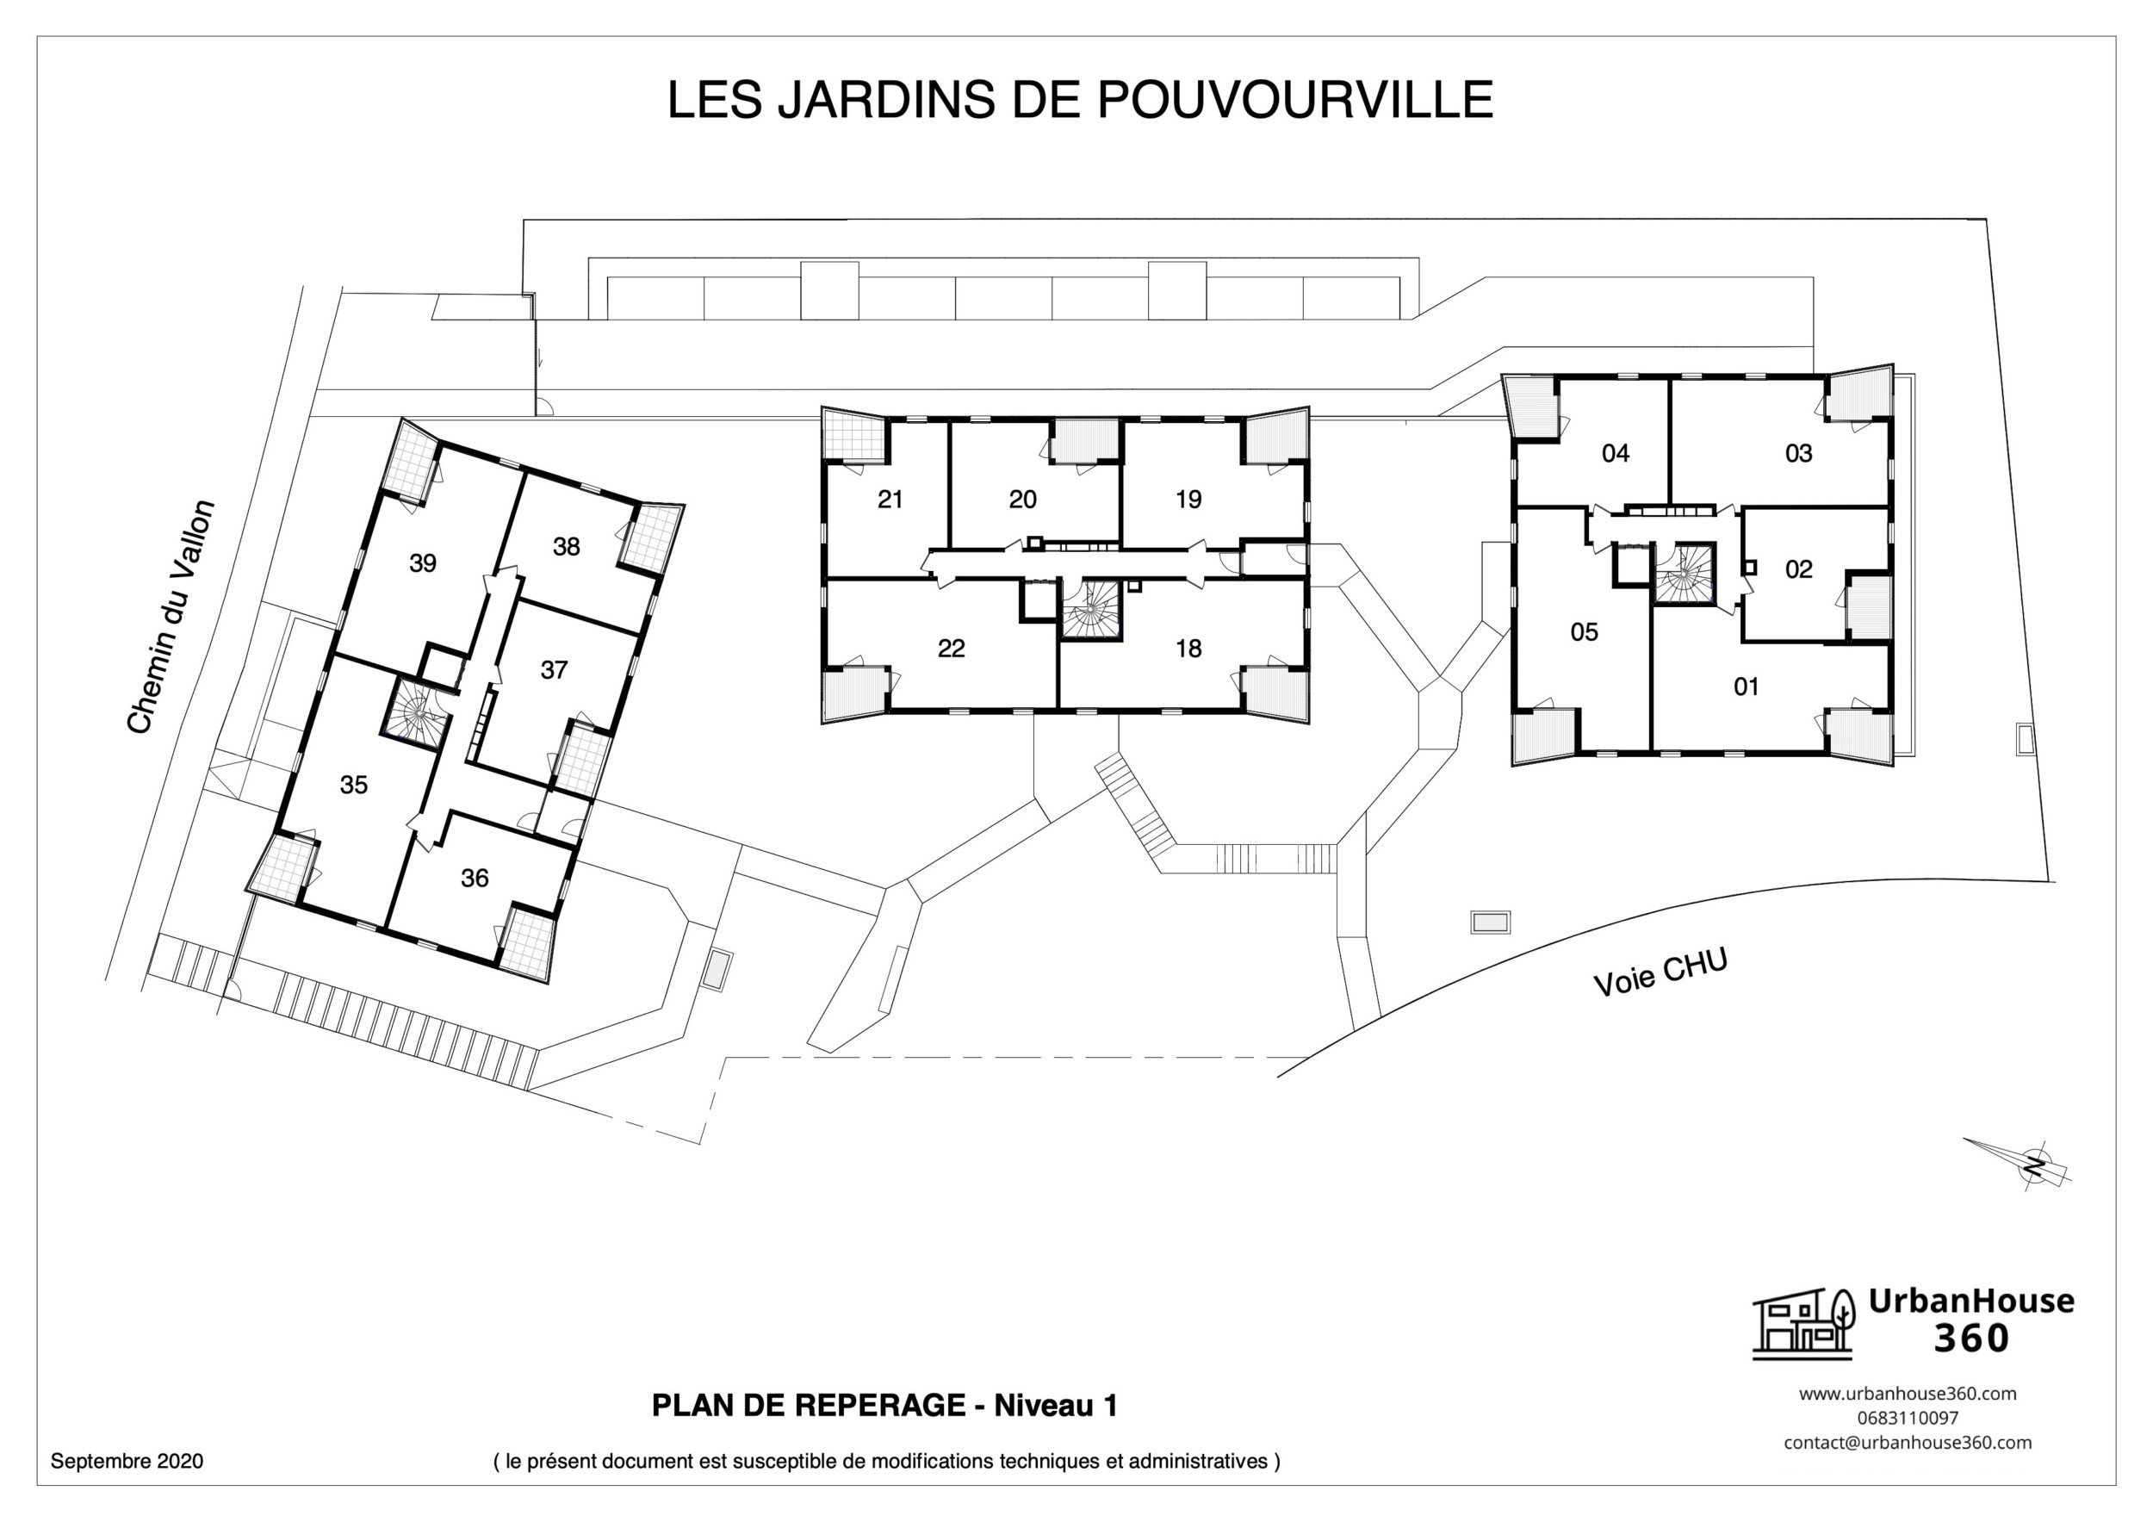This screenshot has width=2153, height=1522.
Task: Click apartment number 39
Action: tap(423, 563)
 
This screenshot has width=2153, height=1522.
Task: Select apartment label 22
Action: tap(951, 649)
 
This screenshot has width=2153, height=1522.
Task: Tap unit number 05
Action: tap(1584, 632)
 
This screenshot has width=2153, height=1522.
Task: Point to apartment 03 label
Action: tap(1798, 454)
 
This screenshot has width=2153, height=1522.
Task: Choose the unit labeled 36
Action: tap(475, 878)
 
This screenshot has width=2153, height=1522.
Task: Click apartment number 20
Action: tap(1022, 500)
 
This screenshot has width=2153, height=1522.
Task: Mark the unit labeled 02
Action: tap(1798, 569)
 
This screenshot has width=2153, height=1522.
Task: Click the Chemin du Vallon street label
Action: tap(171, 617)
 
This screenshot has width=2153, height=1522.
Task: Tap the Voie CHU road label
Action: tap(1660, 972)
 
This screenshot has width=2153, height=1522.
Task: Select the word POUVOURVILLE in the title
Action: tap(1294, 99)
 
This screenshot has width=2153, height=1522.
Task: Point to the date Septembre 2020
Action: tap(127, 1461)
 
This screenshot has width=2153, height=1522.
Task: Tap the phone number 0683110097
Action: tap(1908, 1418)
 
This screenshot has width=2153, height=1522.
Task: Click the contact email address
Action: tap(1908, 1442)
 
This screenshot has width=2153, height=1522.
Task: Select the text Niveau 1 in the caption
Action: tap(1055, 1406)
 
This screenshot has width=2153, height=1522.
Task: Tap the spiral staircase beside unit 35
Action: tap(413, 715)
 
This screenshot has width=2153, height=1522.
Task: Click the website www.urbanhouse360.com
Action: tap(1908, 1394)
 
